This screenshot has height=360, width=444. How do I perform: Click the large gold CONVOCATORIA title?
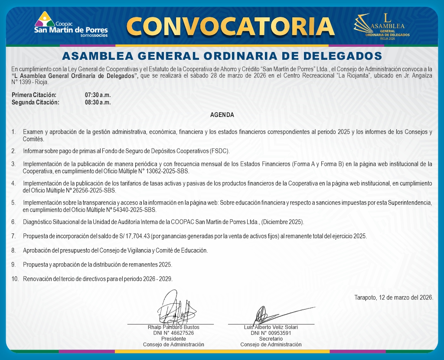[x=230, y=26]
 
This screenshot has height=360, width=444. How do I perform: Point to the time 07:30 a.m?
[x=98, y=94]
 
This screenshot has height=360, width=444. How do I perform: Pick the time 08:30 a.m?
[x=98, y=102]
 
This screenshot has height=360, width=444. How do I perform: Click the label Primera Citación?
[x=34, y=94]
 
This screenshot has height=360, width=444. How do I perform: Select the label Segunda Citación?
[x=36, y=102]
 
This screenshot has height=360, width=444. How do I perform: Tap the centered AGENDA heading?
[x=222, y=115]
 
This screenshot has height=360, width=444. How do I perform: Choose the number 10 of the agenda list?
[x=15, y=279]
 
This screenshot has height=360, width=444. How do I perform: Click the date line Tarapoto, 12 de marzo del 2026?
[x=393, y=298]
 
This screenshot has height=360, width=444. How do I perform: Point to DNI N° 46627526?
[x=173, y=333]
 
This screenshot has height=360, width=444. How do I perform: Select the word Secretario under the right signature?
[x=271, y=339]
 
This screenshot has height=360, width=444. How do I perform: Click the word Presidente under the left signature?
[x=173, y=339]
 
